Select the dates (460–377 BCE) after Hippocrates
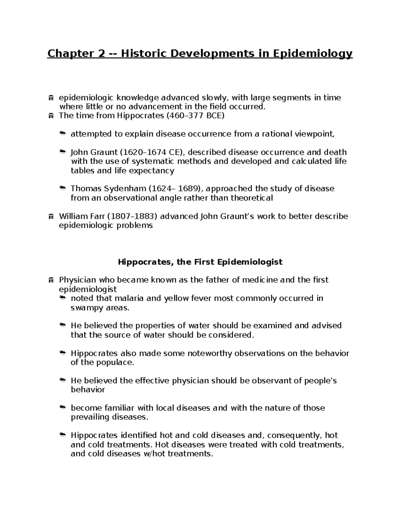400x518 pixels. click(x=193, y=116)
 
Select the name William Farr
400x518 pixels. click(x=82, y=216)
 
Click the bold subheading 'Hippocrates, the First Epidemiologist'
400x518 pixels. click(x=200, y=262)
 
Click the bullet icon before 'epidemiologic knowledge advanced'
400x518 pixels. click(x=51, y=98)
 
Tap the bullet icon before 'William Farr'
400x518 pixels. click(x=51, y=217)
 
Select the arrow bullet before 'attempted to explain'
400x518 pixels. click(x=62, y=134)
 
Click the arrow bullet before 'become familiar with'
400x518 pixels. click(x=62, y=408)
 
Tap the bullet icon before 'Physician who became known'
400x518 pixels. click(x=51, y=280)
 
